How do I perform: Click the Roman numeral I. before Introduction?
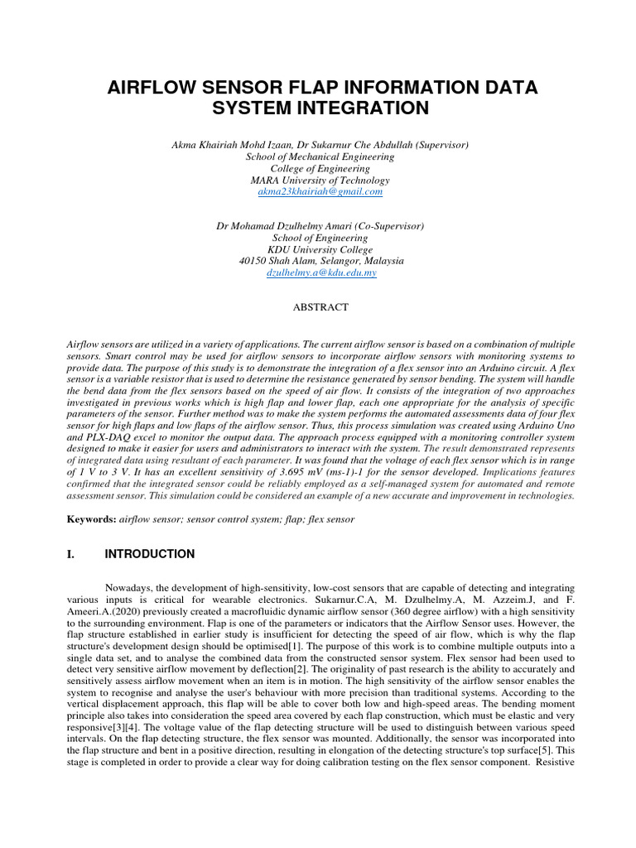[70, 554]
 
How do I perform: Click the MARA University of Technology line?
[320, 180]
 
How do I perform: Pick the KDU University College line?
[320, 249]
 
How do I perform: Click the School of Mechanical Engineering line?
[320, 157]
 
